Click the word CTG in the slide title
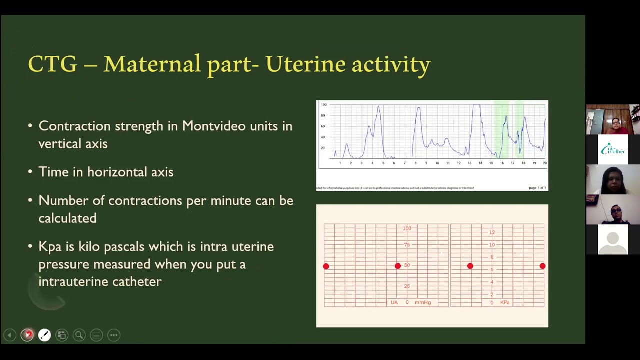coord(52,64)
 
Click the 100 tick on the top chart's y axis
coord(324,105)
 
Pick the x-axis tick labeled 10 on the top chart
coord(437,163)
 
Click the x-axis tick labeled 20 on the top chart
coord(544,163)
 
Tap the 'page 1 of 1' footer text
coord(537,188)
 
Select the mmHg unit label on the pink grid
coord(422,302)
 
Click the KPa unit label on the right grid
coord(505,302)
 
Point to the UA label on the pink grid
coord(394,302)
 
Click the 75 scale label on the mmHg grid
coord(407,245)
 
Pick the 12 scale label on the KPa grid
coord(492,232)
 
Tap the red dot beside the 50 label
coord(398,266)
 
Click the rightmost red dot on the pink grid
coord(542,266)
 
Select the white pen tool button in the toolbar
coord(44,335)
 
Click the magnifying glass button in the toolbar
coord(79,335)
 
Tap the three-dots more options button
coord(114,335)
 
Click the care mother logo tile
coord(613,149)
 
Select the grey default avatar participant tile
coord(613,240)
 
